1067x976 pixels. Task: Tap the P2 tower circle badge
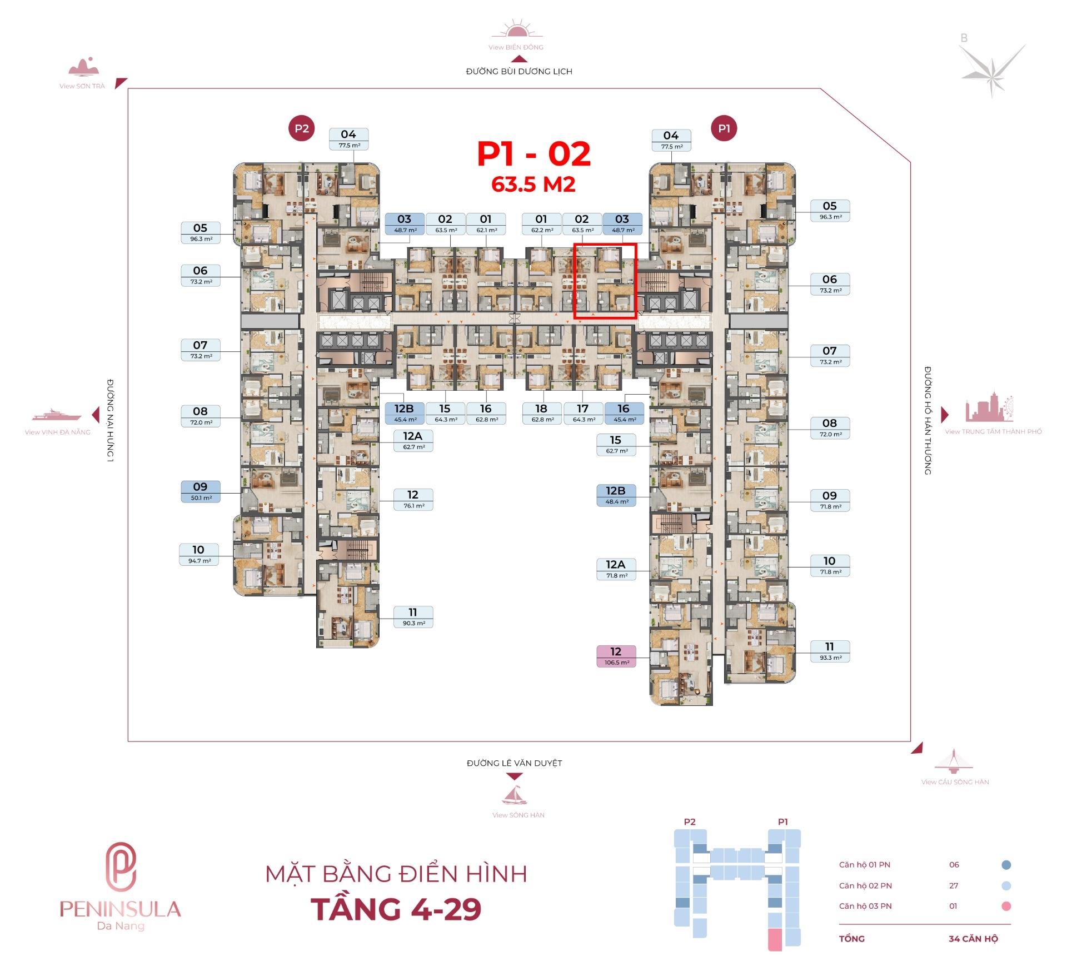point(302,128)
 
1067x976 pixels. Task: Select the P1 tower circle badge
point(724,128)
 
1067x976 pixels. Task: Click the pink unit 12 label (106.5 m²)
point(616,656)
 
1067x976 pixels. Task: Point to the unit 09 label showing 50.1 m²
point(201,491)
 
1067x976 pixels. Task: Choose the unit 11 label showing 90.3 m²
point(413,617)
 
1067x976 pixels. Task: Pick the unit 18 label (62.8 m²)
point(541,414)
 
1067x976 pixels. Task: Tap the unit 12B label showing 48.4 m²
point(616,495)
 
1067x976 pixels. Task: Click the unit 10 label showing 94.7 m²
point(199,554)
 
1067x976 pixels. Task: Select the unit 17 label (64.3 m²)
point(582,414)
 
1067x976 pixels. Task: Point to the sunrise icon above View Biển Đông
point(516,29)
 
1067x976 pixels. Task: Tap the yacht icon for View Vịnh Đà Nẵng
point(57,415)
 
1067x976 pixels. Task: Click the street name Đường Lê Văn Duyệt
point(515,763)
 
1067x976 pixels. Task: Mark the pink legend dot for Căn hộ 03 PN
point(1006,906)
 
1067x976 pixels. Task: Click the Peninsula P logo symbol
point(121,867)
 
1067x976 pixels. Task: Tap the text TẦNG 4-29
point(396,910)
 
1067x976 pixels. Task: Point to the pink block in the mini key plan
point(775,939)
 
